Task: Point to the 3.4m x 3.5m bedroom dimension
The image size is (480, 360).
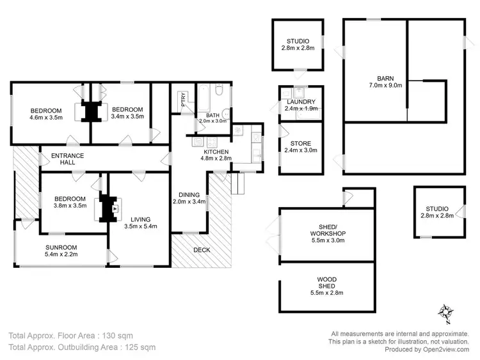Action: coord(127,117)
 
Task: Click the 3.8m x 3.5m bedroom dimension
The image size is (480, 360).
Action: coord(69,207)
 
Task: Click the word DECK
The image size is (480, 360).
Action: coord(202,249)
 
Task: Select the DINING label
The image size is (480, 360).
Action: coord(189,194)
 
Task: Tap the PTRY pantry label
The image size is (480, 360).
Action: coord(183,99)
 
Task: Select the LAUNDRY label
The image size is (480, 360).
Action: coord(301,102)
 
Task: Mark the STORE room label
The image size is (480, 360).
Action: coord(301,143)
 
